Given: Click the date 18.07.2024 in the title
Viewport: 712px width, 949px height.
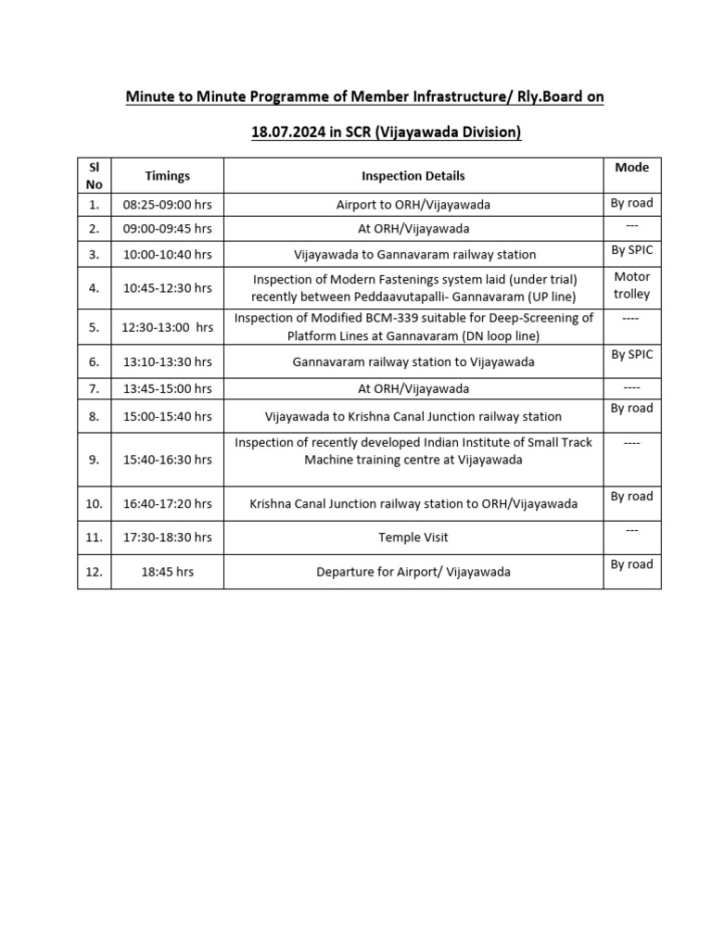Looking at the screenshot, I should (x=288, y=133).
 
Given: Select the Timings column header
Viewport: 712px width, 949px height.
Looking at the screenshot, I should (x=167, y=175).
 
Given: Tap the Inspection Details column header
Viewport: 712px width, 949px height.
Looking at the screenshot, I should (x=413, y=175).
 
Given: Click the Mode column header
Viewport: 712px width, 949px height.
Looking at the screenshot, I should (x=631, y=167).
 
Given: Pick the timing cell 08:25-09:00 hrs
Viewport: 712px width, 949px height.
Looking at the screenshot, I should (x=167, y=204).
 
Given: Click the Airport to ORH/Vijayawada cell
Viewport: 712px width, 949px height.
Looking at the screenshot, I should (x=413, y=204).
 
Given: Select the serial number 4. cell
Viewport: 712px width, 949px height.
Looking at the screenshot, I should (x=94, y=288).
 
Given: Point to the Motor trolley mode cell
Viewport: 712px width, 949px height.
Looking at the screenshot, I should (x=631, y=285).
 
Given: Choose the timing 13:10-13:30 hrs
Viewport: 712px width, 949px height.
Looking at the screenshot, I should (x=167, y=361).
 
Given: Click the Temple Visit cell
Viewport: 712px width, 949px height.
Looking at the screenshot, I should (x=413, y=537).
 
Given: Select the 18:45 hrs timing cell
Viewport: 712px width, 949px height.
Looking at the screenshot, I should (x=167, y=572).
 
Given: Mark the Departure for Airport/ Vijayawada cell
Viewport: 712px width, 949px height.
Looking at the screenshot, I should (x=413, y=572).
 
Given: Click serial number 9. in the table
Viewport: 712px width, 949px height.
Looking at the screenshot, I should (x=94, y=460).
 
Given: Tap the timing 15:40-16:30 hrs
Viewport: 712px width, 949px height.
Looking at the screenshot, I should (x=167, y=460).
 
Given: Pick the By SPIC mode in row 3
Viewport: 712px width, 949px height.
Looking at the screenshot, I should (x=631, y=250).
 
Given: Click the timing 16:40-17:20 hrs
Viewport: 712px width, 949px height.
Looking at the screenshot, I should (x=167, y=504).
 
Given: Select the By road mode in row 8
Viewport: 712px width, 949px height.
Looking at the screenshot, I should (x=631, y=408).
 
